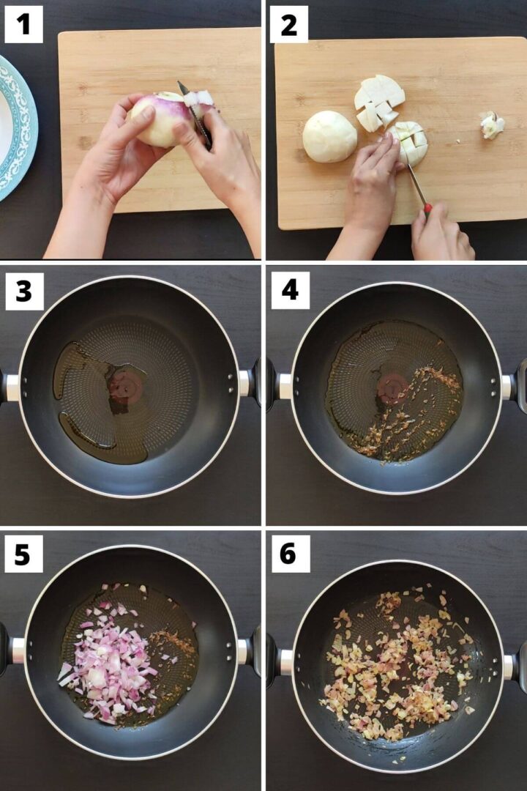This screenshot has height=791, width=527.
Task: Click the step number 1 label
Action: [x=23, y=24]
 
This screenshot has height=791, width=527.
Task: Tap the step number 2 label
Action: [x=288, y=24]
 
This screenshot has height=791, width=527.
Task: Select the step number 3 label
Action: [x=23, y=291]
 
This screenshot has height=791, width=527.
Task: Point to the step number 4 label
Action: [x=289, y=291]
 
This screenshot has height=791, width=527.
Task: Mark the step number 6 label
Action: [x=288, y=554]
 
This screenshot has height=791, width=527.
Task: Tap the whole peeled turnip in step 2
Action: [x=329, y=137]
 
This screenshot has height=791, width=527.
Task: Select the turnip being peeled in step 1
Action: [x=161, y=120]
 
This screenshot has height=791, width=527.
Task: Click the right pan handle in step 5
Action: [x=248, y=651]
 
